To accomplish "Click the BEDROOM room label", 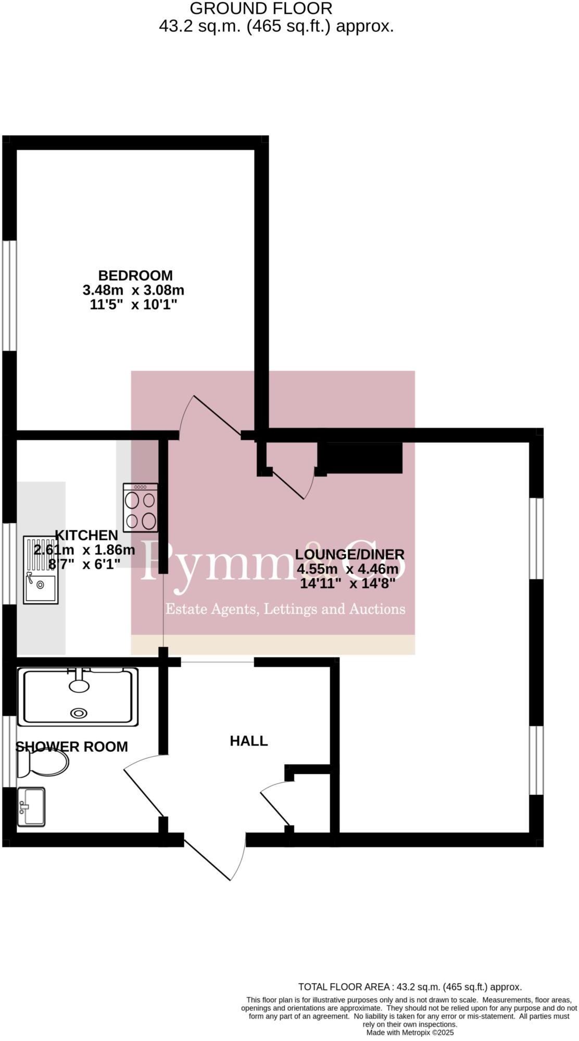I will pyautogui.click(x=135, y=275).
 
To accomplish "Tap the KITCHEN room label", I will pyautogui.click(x=86, y=535).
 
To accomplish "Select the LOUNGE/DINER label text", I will pyautogui.click(x=349, y=554).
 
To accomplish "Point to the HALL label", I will pyautogui.click(x=249, y=741).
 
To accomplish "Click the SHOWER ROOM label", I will pyautogui.click(x=72, y=747).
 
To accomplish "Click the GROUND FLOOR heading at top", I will pyautogui.click(x=260, y=8).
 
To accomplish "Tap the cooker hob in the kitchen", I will pyautogui.click(x=141, y=507).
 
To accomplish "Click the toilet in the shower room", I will pyautogui.click(x=43, y=763).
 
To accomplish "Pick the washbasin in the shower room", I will pyautogui.click(x=31, y=807).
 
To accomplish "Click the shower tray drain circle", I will pyautogui.click(x=79, y=714).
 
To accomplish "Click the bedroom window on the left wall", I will pyautogui.click(x=9, y=295).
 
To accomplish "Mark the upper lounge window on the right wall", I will pyautogui.click(x=536, y=539).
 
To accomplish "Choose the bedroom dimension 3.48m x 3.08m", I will pyautogui.click(x=133, y=290).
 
